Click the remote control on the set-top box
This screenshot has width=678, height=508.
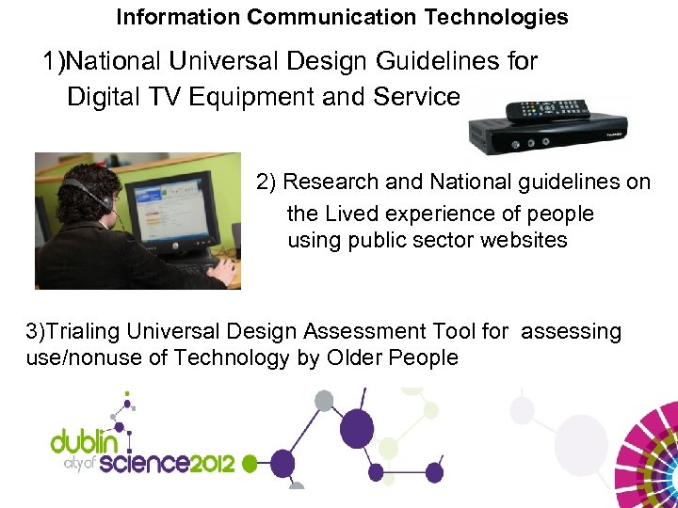tap(547, 109)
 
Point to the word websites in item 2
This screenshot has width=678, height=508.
tap(523, 240)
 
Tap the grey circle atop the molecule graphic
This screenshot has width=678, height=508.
tap(324, 401)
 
